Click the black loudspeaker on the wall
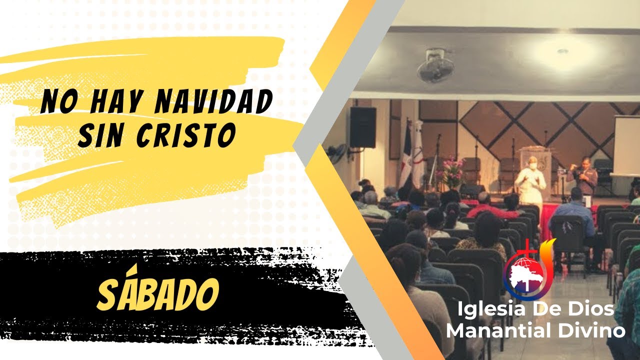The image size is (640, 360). click(362, 127)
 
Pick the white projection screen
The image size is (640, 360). click(626, 145)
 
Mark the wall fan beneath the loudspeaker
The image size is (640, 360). click(336, 153)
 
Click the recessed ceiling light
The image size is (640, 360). click(563, 51)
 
